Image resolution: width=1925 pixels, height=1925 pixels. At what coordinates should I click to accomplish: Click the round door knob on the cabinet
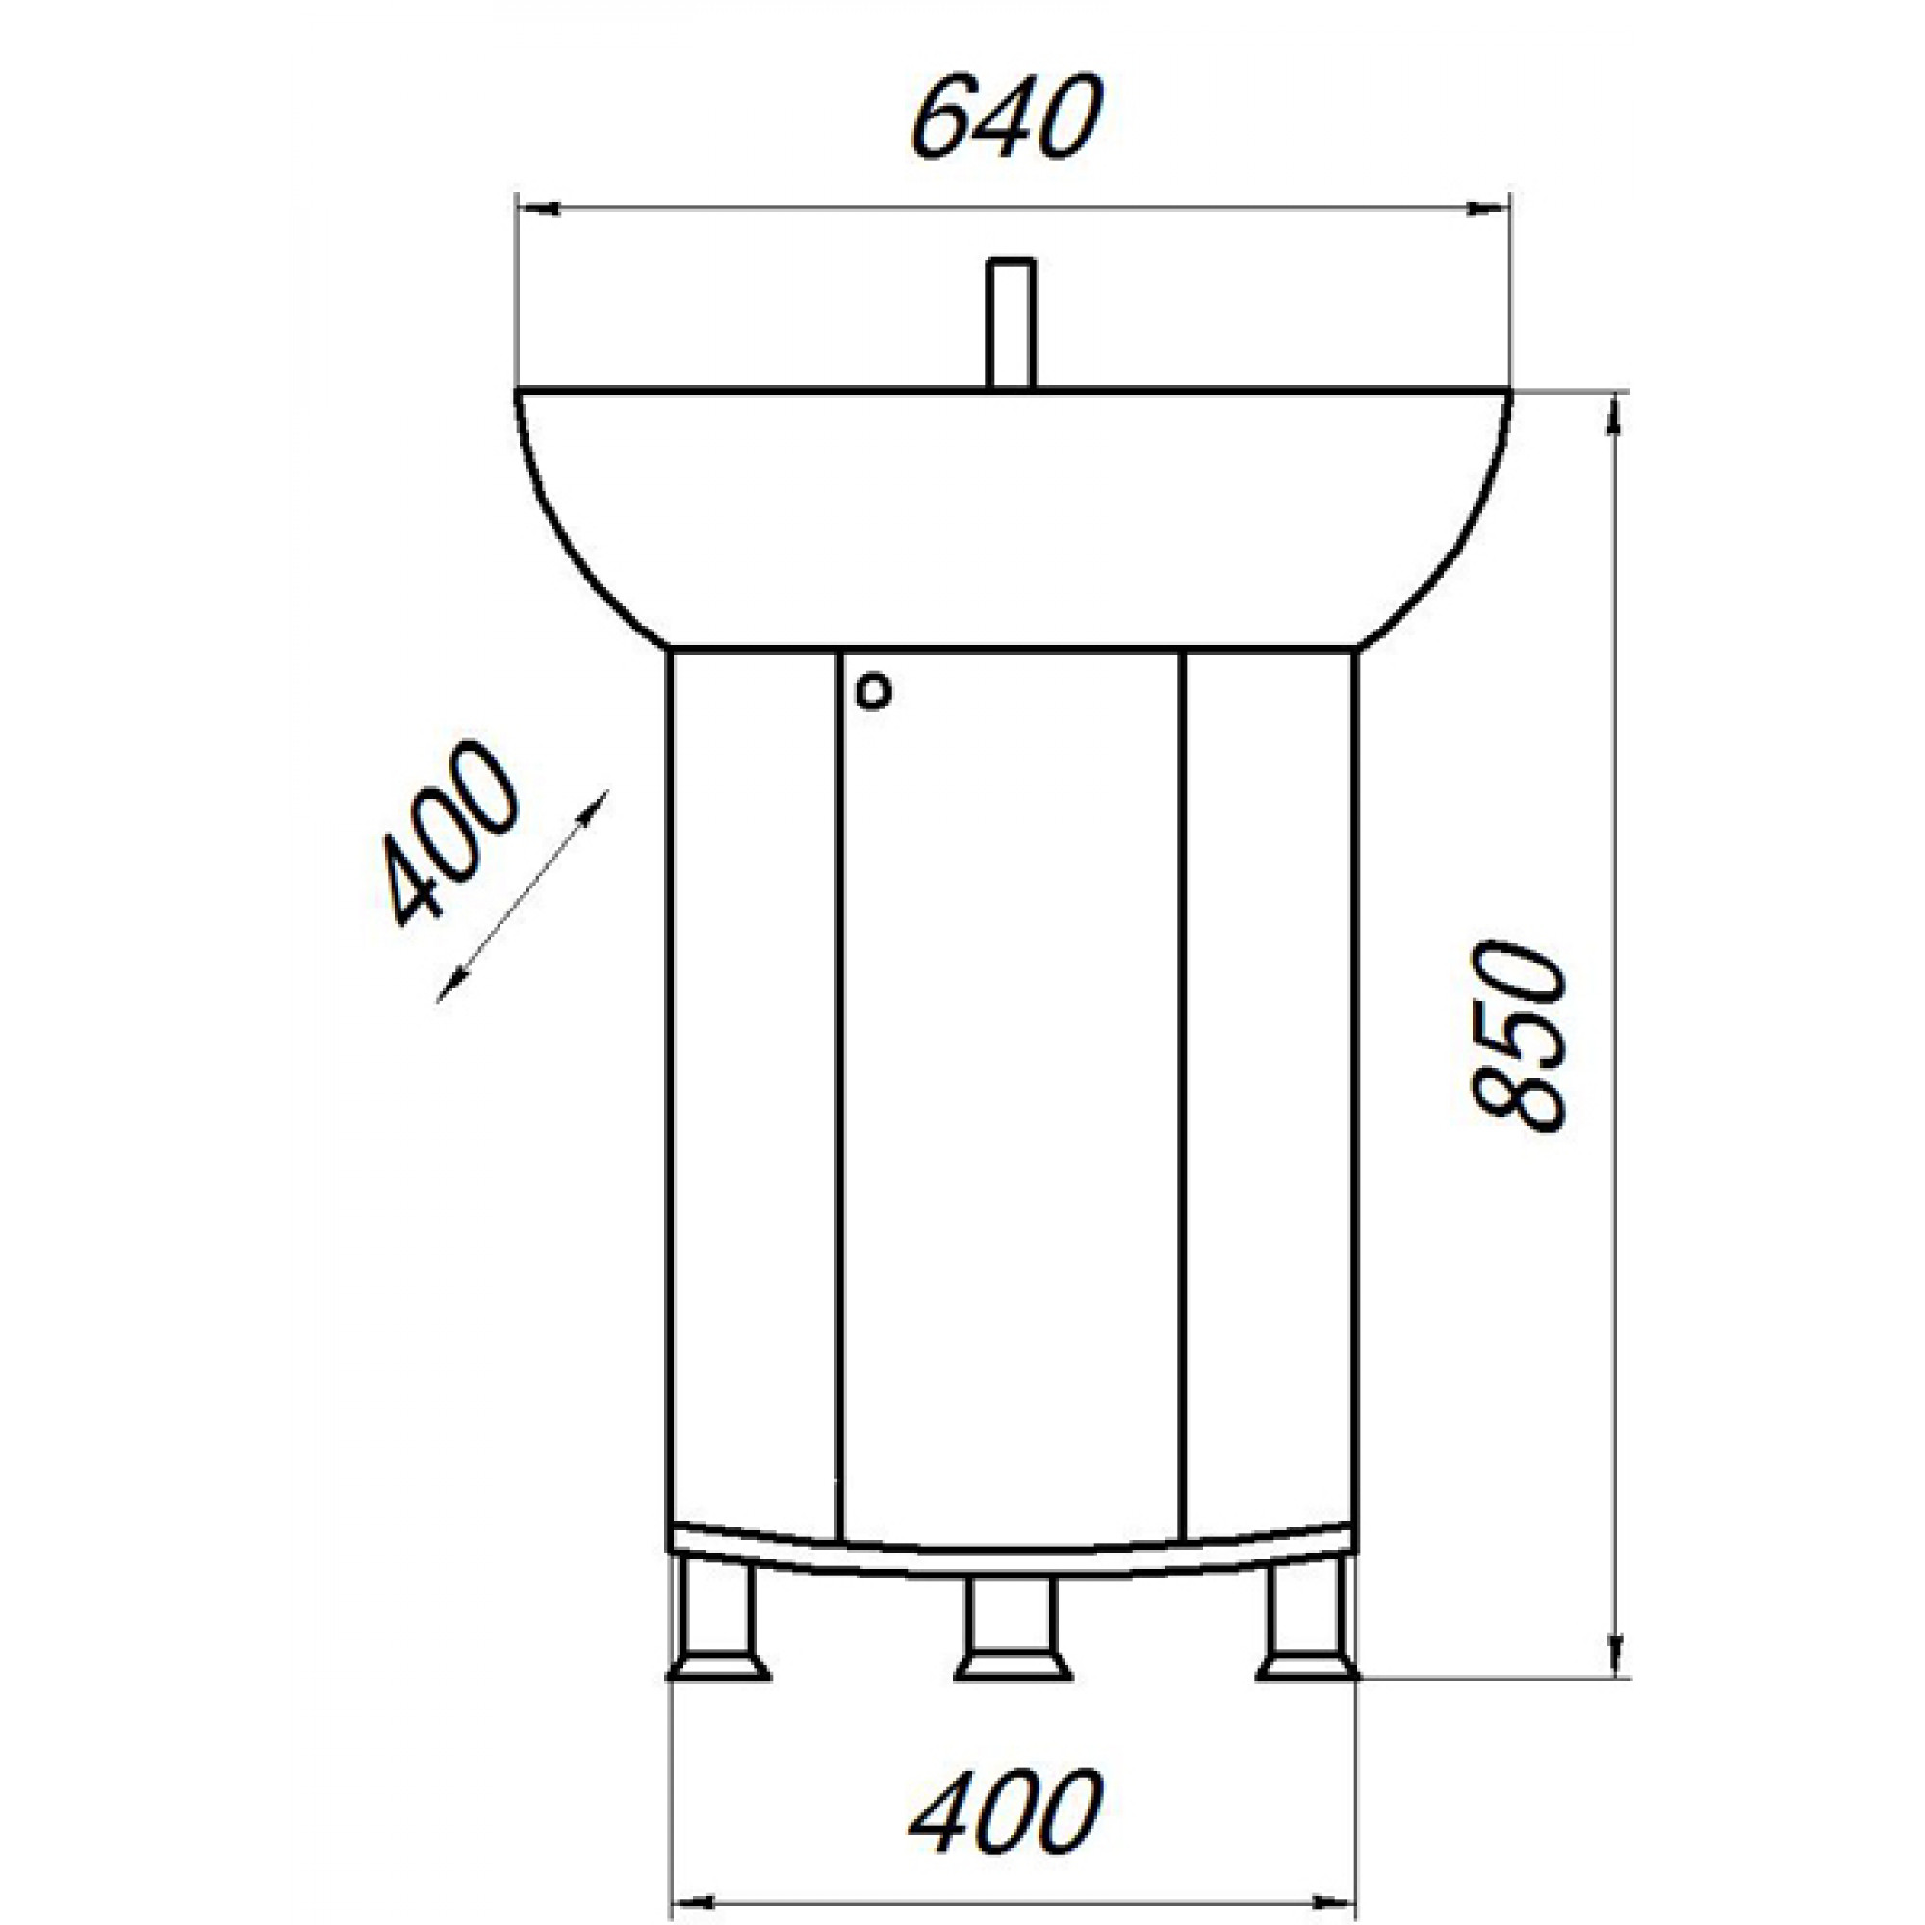tap(874, 690)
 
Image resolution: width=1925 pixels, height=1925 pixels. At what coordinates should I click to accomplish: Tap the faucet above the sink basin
tap(1012, 322)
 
